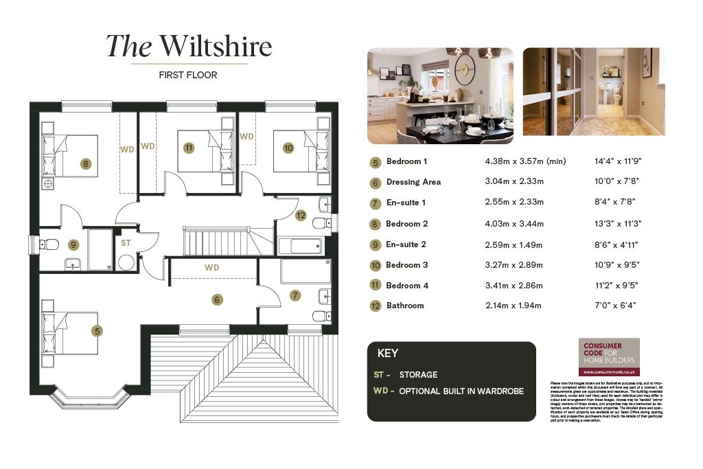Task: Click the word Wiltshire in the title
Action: point(216,47)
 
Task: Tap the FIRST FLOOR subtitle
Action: point(188,75)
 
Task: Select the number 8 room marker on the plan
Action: point(85,163)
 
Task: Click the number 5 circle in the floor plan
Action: point(97,331)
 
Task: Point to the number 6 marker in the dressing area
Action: point(217,299)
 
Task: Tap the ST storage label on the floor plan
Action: point(126,242)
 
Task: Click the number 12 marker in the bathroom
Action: point(300,216)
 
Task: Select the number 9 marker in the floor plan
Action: point(73,244)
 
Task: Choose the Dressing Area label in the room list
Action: point(413,182)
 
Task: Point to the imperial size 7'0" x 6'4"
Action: point(615,306)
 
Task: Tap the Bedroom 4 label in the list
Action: point(407,285)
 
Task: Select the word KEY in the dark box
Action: point(388,354)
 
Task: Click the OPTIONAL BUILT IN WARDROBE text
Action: point(461,391)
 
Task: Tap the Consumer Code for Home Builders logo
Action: point(609,356)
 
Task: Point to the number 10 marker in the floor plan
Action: point(288,148)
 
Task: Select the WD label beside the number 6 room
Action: point(211,267)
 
